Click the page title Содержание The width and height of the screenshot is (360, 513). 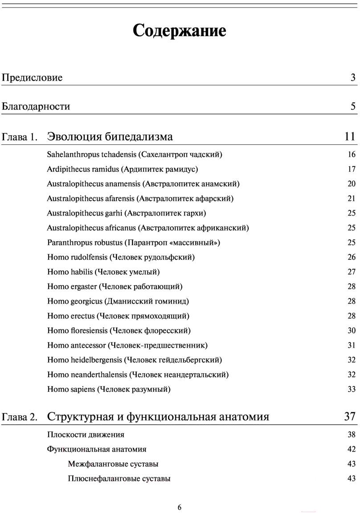click(180, 31)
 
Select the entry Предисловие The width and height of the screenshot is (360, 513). click(32, 78)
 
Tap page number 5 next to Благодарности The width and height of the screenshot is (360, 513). click(353, 106)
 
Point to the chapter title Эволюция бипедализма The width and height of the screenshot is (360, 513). click(110, 136)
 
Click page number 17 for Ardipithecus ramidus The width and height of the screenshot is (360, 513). click(352, 169)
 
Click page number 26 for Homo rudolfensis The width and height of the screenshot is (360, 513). click(352, 257)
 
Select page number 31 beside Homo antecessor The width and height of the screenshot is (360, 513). click(352, 345)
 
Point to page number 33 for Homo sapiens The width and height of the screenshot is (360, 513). click(352, 389)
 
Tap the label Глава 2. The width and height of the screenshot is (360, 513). click(20, 417)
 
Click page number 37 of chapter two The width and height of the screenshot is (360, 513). click(350, 416)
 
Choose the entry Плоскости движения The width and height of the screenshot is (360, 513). click(86, 435)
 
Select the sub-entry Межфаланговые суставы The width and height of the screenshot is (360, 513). click(113, 464)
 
